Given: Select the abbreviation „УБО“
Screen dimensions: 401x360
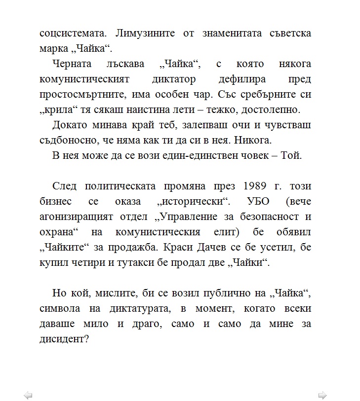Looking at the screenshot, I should coord(253,202).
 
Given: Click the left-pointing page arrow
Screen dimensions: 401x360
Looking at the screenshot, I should coord(28,395).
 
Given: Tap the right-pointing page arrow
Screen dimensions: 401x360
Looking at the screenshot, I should coord(322,395).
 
